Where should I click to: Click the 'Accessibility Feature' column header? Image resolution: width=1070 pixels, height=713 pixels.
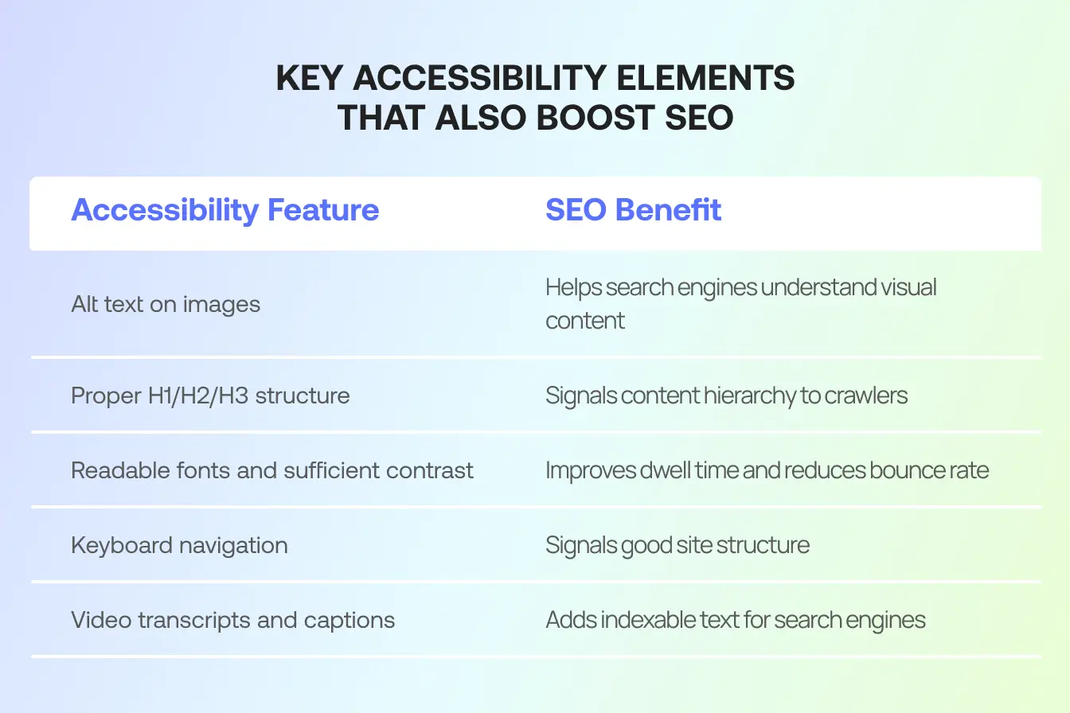coord(225,211)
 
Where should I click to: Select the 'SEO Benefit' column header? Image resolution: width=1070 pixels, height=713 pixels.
coord(633,211)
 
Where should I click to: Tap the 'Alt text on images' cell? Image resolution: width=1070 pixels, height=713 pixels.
coord(166,304)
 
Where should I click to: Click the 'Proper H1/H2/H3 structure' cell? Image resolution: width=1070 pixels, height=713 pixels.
coord(210,395)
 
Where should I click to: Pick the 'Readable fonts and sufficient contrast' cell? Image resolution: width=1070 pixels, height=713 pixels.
coord(272,470)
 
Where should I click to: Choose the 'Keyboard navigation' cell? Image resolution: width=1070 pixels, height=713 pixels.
coord(179,545)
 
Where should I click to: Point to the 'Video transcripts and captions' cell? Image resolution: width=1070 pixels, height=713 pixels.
coord(232,620)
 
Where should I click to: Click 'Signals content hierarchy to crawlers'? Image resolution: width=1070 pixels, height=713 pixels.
coord(726,395)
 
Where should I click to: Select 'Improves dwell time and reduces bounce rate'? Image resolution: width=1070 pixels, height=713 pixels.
coord(767,470)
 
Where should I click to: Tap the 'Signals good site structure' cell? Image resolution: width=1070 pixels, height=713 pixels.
coord(677,545)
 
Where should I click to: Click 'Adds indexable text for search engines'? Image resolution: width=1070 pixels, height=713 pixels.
coord(735,620)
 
